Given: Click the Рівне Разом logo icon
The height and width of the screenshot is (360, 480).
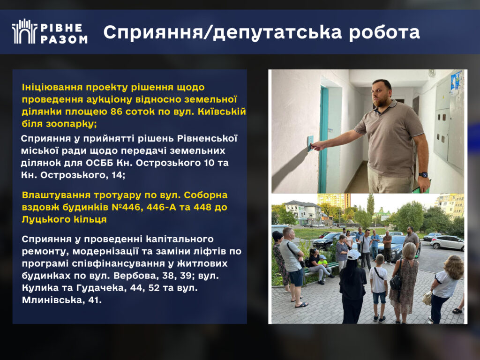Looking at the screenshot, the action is pyautogui.click(x=24, y=31).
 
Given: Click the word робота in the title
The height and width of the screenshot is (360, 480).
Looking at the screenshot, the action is pyautogui.click(x=384, y=32).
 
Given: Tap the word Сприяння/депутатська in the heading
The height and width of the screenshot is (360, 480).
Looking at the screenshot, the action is pyautogui.click(x=222, y=32).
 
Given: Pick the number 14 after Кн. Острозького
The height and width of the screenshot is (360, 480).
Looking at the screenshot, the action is pyautogui.click(x=120, y=175).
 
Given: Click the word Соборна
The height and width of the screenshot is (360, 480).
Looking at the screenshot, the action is pyautogui.click(x=206, y=195).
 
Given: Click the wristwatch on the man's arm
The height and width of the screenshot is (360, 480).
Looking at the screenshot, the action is pyautogui.click(x=423, y=174).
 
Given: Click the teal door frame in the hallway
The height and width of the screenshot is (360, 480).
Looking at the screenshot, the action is pyautogui.click(x=323, y=139).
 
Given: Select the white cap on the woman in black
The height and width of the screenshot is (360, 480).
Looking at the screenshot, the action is pyautogui.click(x=353, y=255).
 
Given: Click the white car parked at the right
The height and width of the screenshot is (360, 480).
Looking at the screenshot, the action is pyautogui.click(x=448, y=242).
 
